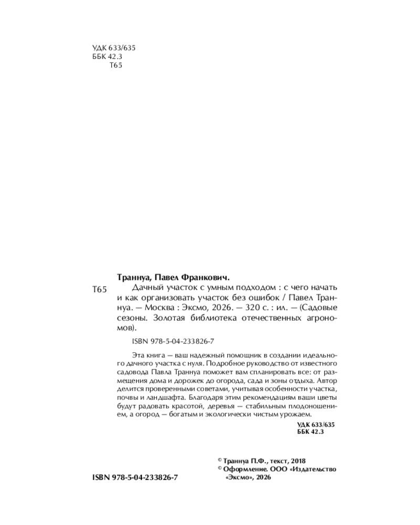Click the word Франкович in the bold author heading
pyautogui.click(x=205, y=277)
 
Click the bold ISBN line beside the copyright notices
pyautogui.click(x=135, y=480)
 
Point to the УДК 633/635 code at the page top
pyautogui.click(x=113, y=47)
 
